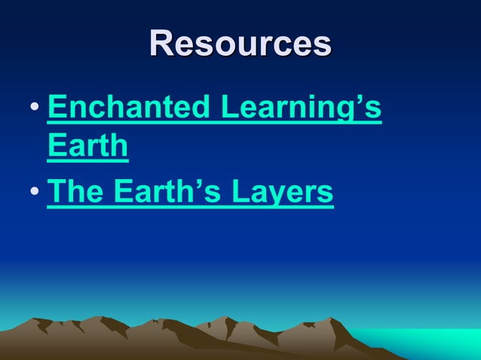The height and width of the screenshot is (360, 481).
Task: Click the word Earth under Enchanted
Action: pos(87,145)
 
